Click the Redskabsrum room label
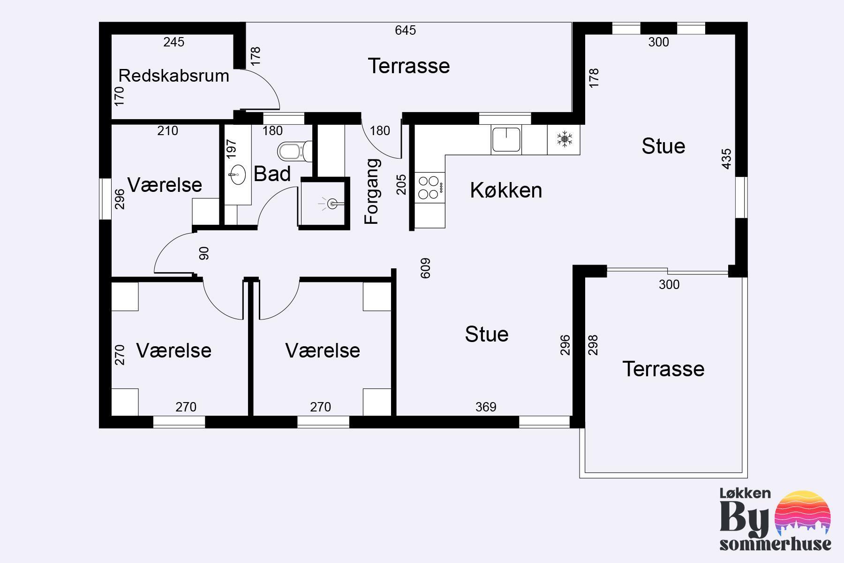pyautogui.click(x=173, y=76)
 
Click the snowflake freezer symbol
pyautogui.click(x=564, y=139)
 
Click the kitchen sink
pyautogui.click(x=506, y=139)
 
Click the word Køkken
pyautogui.click(x=506, y=190)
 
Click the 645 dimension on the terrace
pyautogui.click(x=405, y=30)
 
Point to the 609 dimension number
pyautogui.click(x=425, y=268)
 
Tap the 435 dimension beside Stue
pyautogui.click(x=726, y=159)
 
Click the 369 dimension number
pyautogui.click(x=486, y=407)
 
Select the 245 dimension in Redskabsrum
pyautogui.click(x=174, y=42)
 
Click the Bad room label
pyautogui.click(x=272, y=174)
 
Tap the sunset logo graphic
pyautogui.click(x=803, y=514)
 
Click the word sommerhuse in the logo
pyautogui.click(x=776, y=544)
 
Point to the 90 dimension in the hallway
pyautogui.click(x=204, y=253)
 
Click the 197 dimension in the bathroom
pyautogui.click(x=231, y=148)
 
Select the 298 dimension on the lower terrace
pyautogui.click(x=593, y=345)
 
